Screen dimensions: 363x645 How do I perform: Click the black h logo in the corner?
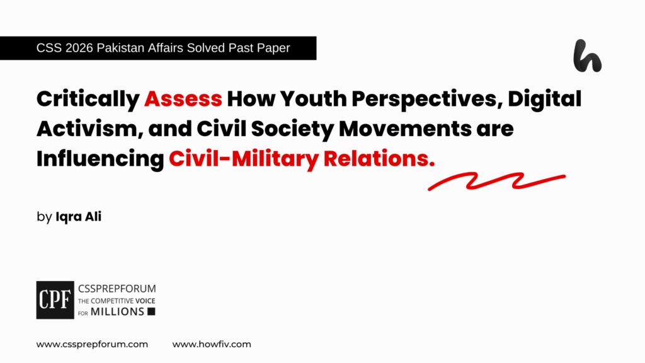[587, 56]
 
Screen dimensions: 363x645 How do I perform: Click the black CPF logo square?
[54, 298]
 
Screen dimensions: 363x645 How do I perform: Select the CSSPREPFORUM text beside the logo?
[116, 287]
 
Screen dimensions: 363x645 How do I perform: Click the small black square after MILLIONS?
[151, 311]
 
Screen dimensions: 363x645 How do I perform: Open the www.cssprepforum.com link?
[92, 344]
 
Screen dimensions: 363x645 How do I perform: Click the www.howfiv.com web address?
[212, 344]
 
